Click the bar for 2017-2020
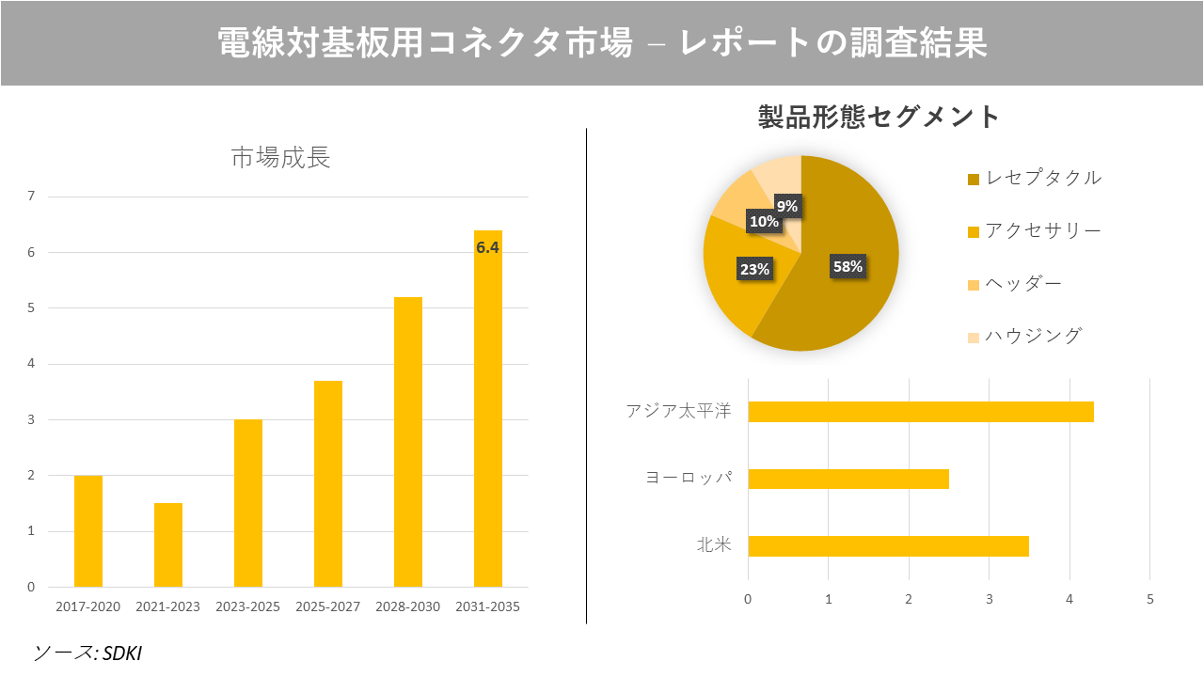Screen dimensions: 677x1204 [88, 531]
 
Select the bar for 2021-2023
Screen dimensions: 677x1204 [168, 545]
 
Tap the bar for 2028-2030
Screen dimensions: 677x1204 [408, 442]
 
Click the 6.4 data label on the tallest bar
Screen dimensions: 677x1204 [487, 248]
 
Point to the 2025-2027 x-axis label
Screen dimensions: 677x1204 [327, 606]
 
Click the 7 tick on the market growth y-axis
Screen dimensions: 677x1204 [31, 197]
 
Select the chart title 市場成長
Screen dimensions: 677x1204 [281, 158]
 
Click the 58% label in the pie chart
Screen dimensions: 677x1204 [848, 266]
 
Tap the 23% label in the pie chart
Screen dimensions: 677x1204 [754, 269]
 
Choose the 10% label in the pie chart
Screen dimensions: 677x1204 [763, 222]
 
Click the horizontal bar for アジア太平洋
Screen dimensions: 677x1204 [920, 412]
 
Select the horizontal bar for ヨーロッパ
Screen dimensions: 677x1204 [848, 479]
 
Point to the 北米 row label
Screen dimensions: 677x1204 [714, 545]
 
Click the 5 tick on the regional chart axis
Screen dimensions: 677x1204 [1149, 599]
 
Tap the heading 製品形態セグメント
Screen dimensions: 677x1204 [879, 117]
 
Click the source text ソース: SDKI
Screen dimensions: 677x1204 [87, 653]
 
